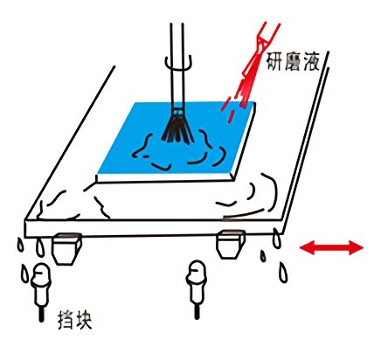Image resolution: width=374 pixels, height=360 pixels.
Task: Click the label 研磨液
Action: (x=294, y=62)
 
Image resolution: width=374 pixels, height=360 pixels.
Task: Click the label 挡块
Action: (x=75, y=320)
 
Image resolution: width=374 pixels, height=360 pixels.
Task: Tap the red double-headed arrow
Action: (x=331, y=248)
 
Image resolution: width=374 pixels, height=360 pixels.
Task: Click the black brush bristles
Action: (x=177, y=128)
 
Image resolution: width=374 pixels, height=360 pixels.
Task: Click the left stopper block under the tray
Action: (x=66, y=248)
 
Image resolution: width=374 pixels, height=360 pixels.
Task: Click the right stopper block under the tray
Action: (x=230, y=244)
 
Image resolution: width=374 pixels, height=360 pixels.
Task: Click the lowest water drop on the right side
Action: (x=283, y=273)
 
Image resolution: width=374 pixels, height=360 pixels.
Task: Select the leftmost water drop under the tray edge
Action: (x=20, y=246)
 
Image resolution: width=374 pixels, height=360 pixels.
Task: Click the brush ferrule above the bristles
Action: (x=178, y=112)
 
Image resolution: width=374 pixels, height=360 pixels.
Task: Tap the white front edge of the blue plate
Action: (x=165, y=177)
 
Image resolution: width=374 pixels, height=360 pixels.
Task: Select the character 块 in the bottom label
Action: (x=84, y=321)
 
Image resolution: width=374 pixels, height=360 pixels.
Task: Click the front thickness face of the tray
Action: (x=153, y=228)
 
